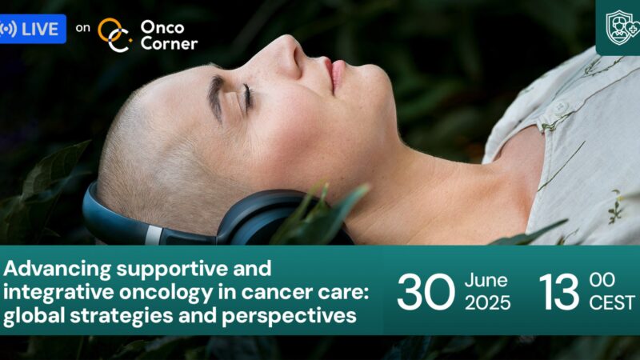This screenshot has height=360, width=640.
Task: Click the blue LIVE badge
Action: click(32, 30)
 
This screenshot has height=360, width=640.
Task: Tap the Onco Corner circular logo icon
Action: click(114, 34)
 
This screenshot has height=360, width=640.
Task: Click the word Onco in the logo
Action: click(158, 26)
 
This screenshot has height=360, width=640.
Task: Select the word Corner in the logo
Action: click(168, 43)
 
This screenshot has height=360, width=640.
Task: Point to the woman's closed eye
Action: click(246, 98)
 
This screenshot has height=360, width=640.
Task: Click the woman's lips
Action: click(330, 74)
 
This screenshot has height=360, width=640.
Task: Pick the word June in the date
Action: click(486, 280)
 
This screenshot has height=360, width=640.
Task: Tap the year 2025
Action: click(487, 303)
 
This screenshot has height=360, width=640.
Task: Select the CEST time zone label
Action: click(612, 303)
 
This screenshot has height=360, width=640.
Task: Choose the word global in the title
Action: click(31, 316)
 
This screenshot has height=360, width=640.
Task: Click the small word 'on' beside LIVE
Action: click(82, 29)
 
